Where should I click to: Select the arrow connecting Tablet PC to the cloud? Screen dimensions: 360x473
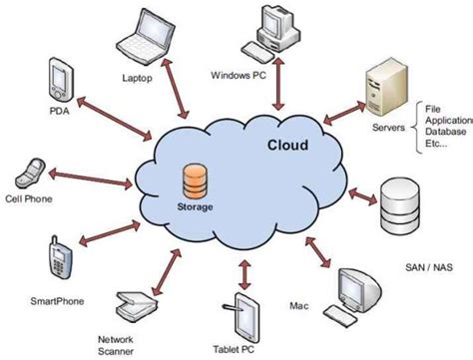tap(244, 270)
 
